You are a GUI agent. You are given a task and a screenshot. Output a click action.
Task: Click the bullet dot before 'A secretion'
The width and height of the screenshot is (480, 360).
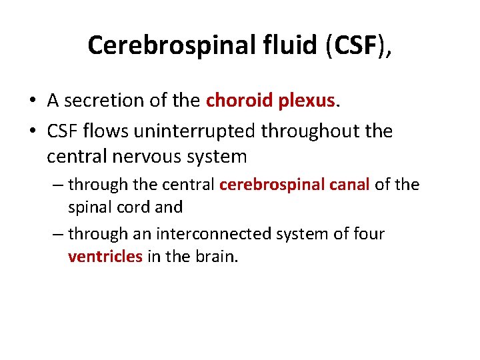pos(31,101)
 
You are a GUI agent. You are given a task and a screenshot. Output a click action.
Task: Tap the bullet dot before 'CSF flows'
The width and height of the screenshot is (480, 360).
pos(31,131)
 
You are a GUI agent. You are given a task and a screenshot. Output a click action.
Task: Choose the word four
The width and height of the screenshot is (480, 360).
pos(369,234)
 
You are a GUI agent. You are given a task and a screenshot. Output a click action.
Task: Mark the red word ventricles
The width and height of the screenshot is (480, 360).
pos(105,257)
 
